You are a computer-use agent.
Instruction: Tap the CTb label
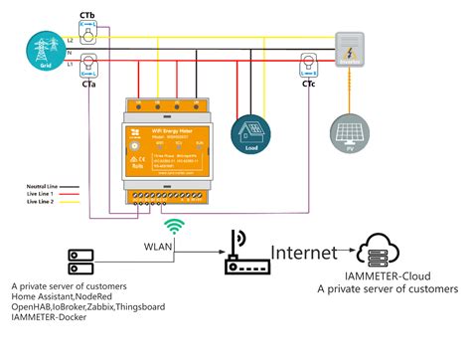(x=88, y=13)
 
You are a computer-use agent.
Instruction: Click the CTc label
(x=309, y=85)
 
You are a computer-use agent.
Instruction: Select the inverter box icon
(x=350, y=50)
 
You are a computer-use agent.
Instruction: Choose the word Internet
(x=304, y=254)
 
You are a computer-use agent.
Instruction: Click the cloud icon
(x=387, y=251)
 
